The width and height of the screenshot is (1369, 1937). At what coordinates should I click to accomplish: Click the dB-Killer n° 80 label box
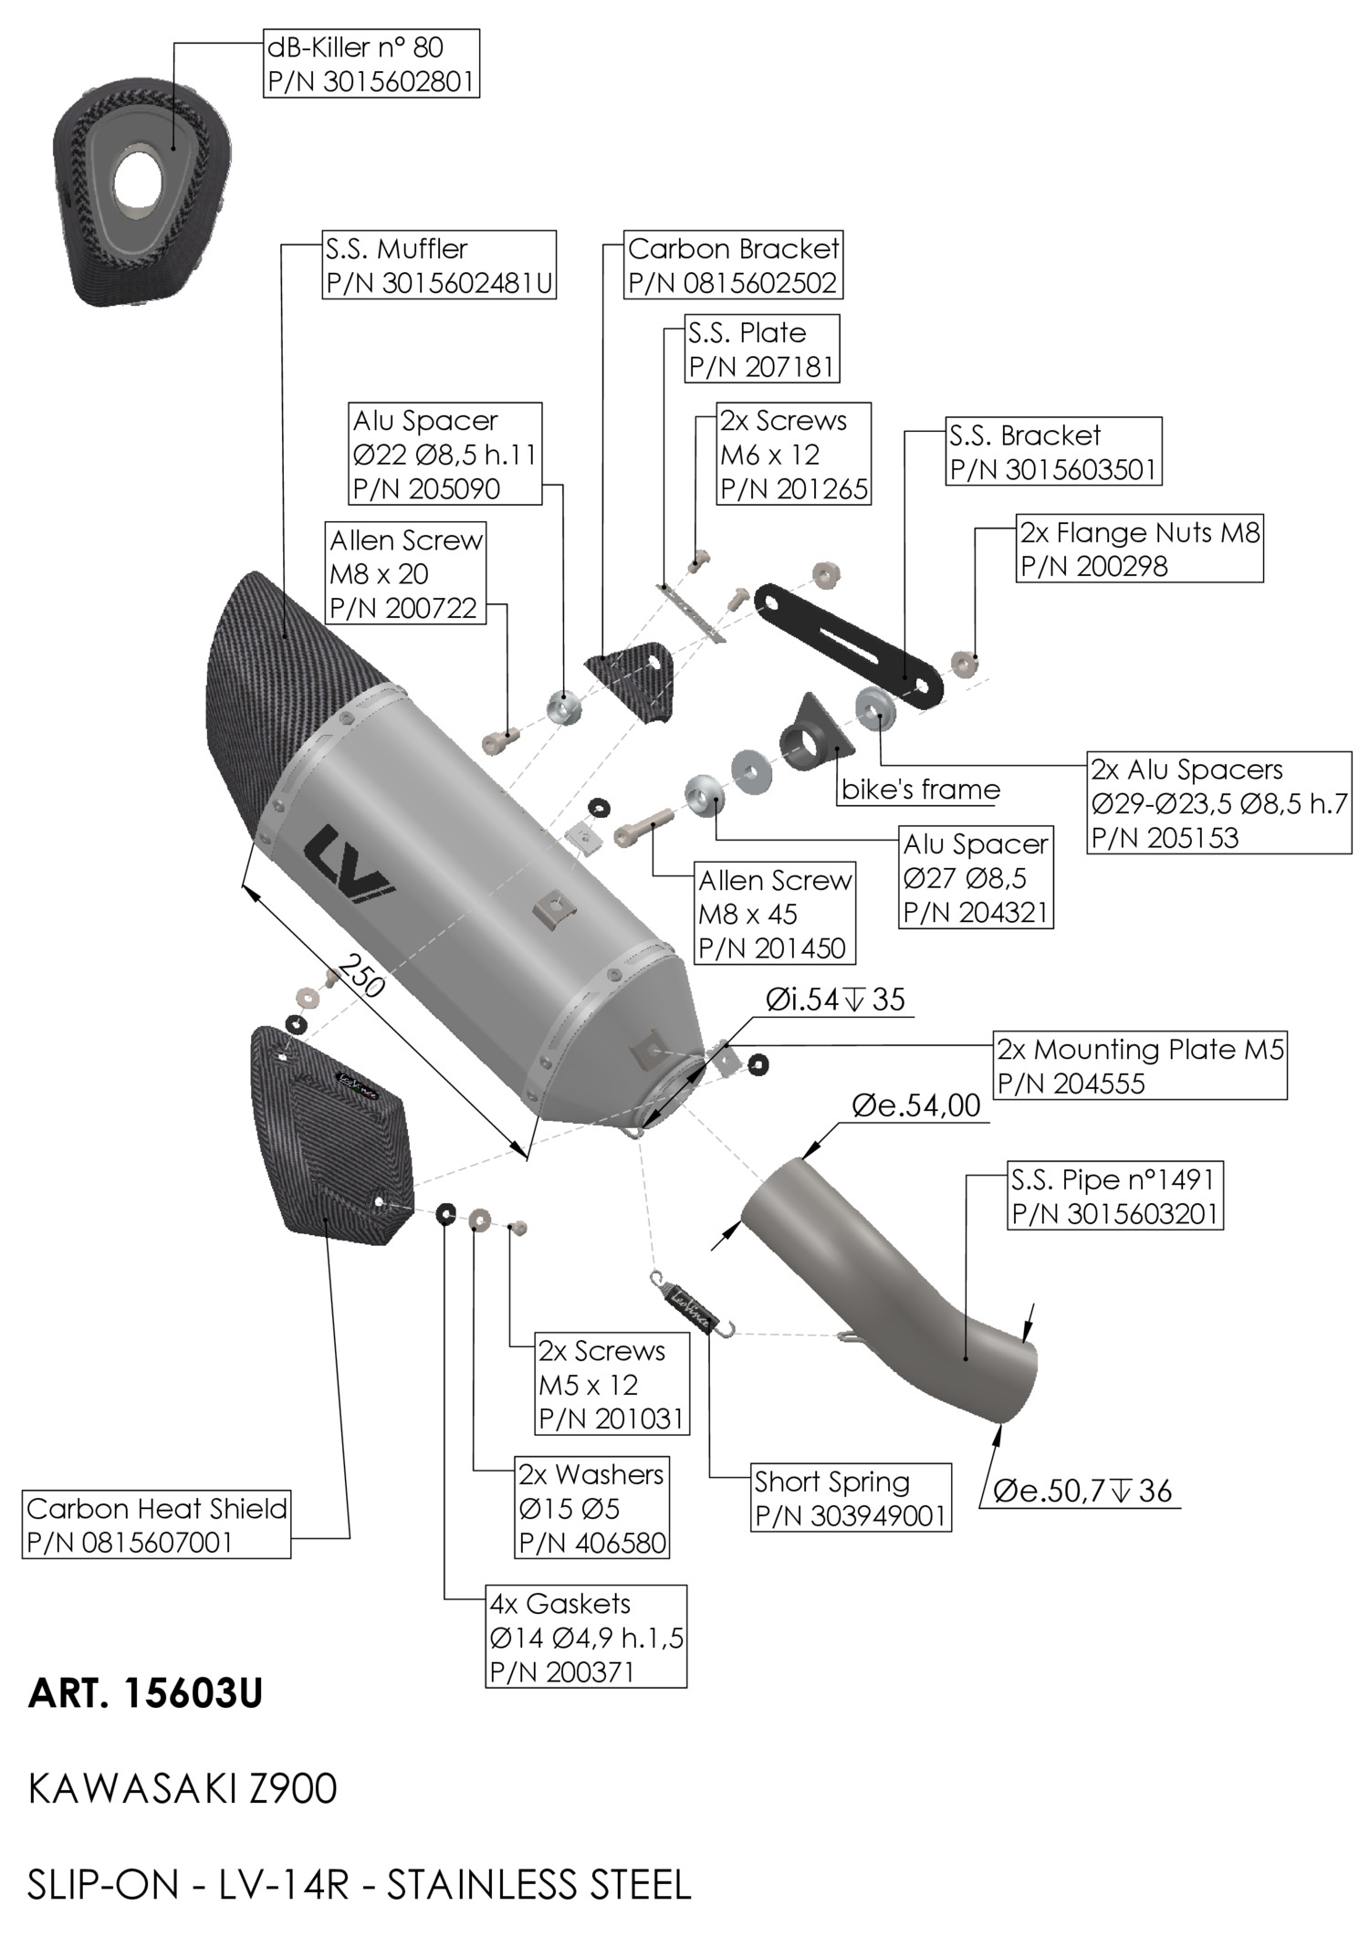click(371, 63)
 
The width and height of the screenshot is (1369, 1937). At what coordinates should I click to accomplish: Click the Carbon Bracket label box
click(733, 266)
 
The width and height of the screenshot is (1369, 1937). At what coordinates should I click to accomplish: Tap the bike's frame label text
click(920, 790)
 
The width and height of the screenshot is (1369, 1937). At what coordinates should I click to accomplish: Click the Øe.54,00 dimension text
click(915, 1105)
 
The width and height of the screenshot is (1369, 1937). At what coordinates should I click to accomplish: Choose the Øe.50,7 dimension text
click(1082, 1492)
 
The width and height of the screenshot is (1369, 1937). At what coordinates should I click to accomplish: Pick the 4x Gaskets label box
click(586, 1637)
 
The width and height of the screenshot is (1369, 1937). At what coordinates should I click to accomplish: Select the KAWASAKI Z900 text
click(183, 1788)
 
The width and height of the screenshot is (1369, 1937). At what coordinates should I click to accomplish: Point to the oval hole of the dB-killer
click(149, 171)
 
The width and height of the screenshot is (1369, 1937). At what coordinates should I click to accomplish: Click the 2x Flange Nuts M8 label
click(1139, 549)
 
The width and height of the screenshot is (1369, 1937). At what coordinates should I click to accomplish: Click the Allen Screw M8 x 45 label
click(775, 914)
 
